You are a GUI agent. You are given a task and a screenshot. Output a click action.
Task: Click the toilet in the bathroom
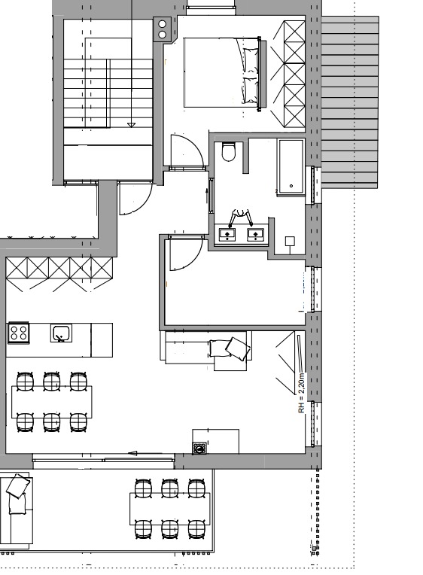(229, 151)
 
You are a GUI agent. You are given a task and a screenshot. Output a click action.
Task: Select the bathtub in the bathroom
(291, 166)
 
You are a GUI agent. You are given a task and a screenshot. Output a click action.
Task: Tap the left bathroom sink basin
(227, 234)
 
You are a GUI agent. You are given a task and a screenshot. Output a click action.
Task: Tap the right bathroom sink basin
(255, 234)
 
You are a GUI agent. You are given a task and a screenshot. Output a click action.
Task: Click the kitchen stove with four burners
(18, 333)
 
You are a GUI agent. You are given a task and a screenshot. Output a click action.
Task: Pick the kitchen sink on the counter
(61, 333)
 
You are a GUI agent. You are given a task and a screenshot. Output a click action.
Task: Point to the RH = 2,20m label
(301, 393)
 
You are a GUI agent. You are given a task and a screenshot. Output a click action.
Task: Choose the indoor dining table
(52, 402)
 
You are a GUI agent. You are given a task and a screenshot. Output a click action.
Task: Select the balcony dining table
(170, 509)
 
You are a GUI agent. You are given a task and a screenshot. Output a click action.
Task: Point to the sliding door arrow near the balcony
(145, 453)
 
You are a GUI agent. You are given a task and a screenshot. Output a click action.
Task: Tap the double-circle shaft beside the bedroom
(162, 29)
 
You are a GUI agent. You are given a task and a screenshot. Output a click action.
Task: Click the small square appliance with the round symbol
(199, 448)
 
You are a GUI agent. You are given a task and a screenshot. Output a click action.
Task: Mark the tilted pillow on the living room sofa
(238, 348)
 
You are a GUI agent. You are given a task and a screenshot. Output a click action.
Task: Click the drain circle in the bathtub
(291, 186)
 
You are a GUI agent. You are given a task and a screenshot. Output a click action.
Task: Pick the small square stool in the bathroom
(291, 241)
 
